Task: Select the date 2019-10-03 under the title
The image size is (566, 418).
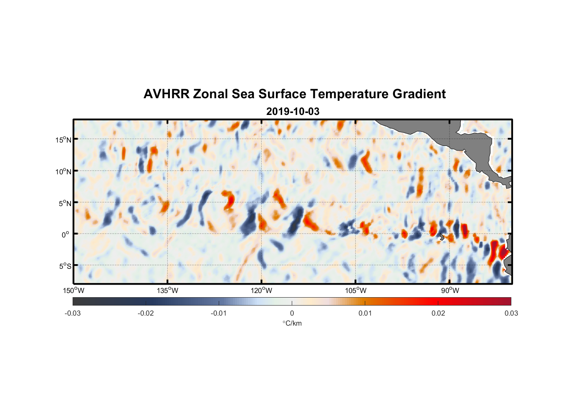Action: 293,112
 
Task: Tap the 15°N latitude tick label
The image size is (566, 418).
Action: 63,140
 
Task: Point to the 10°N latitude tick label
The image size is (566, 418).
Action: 63,171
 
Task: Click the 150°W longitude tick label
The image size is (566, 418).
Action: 74,291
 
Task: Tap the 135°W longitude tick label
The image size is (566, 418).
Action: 168,291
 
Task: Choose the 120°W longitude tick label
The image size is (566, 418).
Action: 262,291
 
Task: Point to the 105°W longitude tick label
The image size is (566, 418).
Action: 356,291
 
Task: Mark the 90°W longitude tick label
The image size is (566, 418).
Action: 450,291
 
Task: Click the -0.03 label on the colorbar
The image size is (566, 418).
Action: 73,313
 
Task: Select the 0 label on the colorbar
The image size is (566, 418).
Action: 292,313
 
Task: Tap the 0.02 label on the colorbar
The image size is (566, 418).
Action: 438,313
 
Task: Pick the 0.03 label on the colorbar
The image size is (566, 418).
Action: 511,313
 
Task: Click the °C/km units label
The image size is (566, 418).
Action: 292,323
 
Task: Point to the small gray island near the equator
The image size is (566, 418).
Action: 442,237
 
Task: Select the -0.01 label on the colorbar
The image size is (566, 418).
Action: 219,313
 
